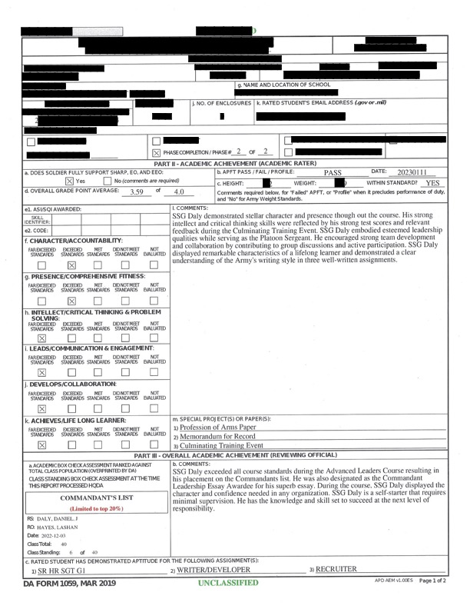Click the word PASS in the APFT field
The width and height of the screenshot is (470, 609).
pos(333,173)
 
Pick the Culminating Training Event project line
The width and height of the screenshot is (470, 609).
pos(221,445)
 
